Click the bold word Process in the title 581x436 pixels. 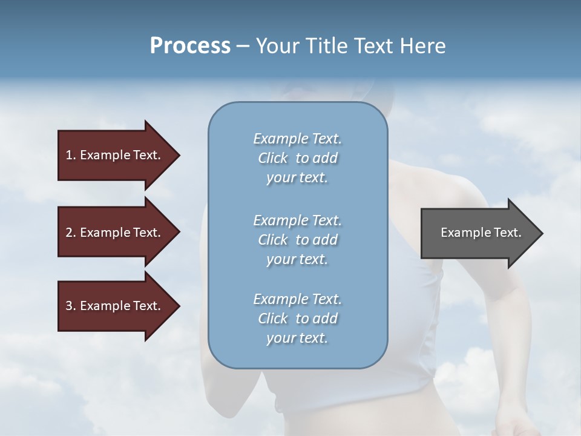click(x=190, y=46)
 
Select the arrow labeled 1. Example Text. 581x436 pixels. click(x=115, y=156)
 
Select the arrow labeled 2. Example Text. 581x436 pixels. click(x=115, y=233)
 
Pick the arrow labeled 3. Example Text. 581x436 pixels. click(x=115, y=306)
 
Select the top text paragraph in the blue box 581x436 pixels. click(x=297, y=158)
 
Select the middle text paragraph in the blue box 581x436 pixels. click(x=297, y=240)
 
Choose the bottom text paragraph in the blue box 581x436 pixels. click(x=297, y=319)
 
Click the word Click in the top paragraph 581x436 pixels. click(x=273, y=158)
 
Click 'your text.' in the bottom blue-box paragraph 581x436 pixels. click(x=297, y=338)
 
